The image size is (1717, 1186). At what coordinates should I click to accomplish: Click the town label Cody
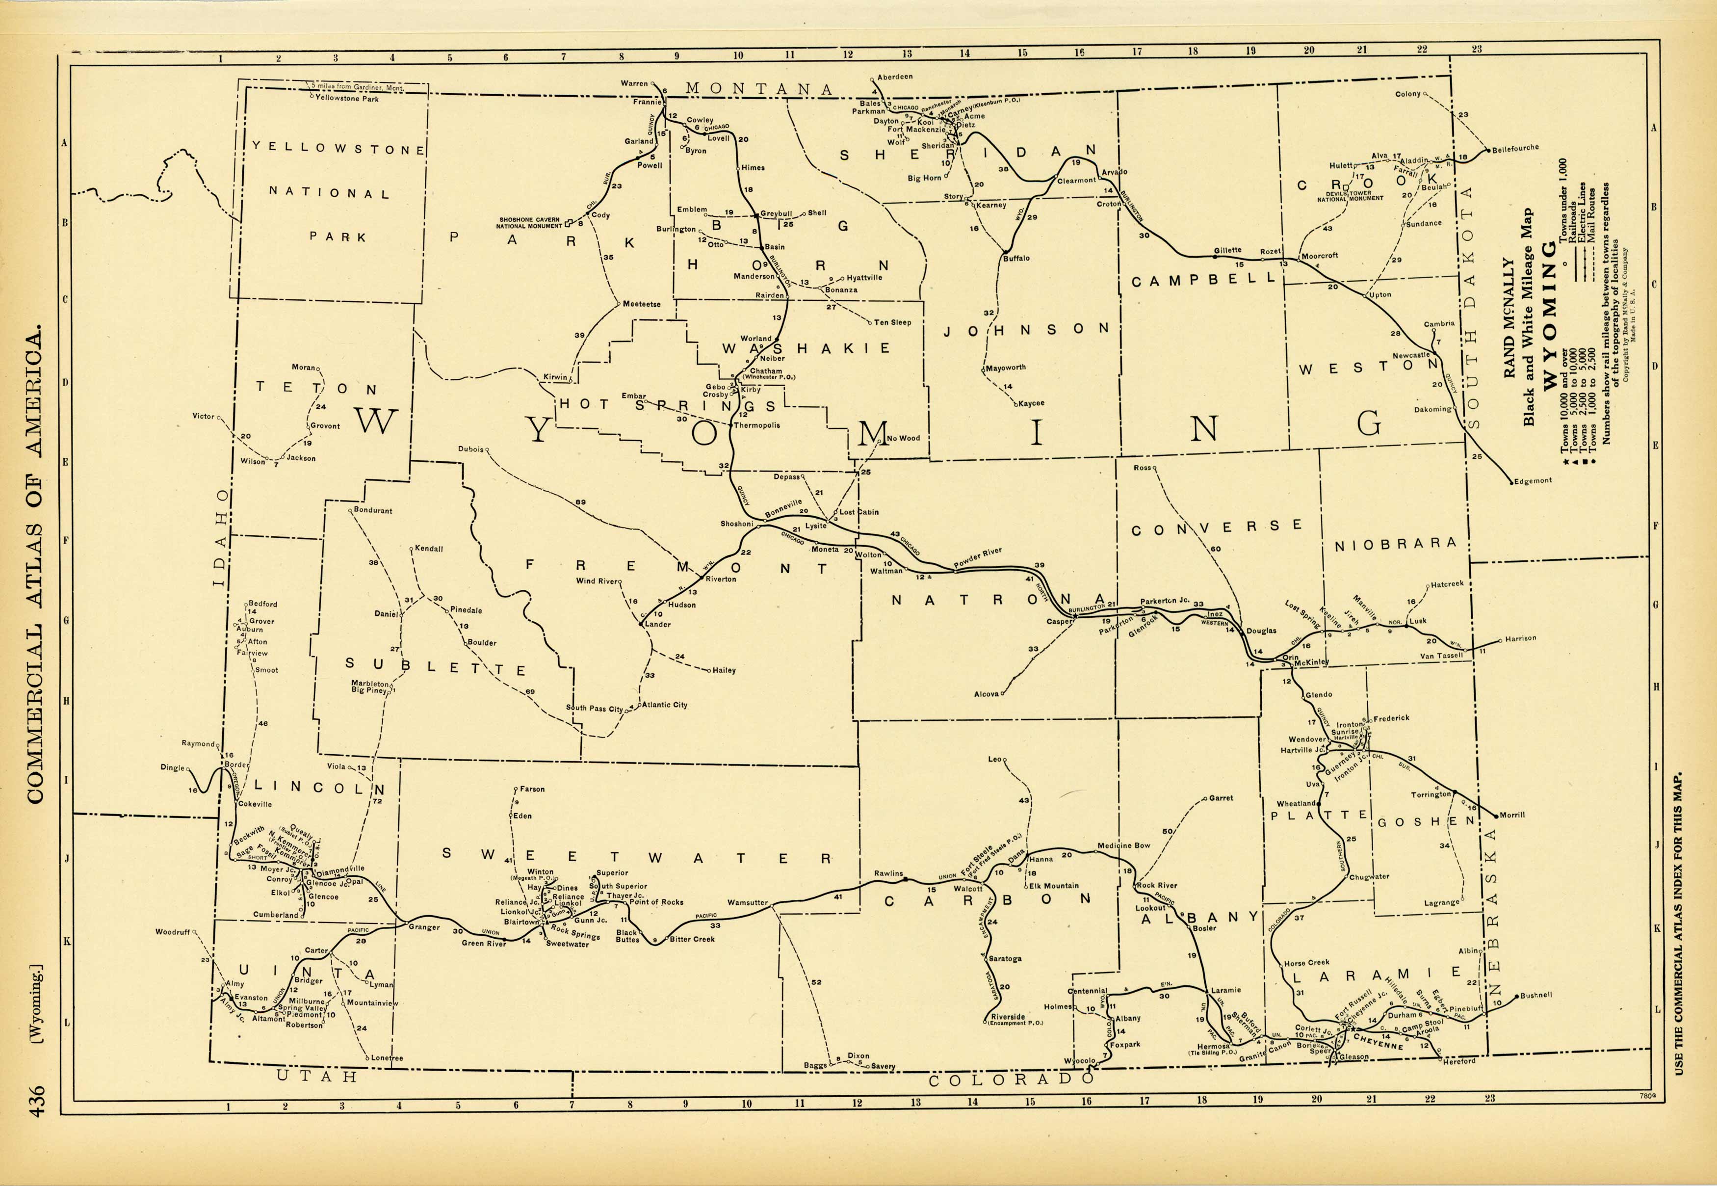tap(600, 215)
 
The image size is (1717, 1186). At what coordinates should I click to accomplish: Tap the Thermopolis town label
tap(756, 426)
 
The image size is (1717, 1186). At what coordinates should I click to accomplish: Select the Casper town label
tap(1059, 621)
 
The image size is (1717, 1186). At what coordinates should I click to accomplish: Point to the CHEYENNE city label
tap(1378, 1041)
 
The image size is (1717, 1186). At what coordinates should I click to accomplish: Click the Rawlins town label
tap(888, 874)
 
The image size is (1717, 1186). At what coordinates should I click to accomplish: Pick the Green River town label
tap(484, 944)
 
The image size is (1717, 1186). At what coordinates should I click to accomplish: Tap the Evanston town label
tap(251, 998)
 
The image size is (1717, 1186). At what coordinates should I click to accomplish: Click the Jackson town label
tap(301, 458)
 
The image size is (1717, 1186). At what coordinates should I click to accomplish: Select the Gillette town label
tap(1227, 250)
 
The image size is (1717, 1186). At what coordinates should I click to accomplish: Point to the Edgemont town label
tap(1533, 481)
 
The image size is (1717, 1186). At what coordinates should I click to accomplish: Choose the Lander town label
tap(657, 624)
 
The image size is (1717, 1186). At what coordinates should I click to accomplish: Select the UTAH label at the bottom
tap(317, 1076)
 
